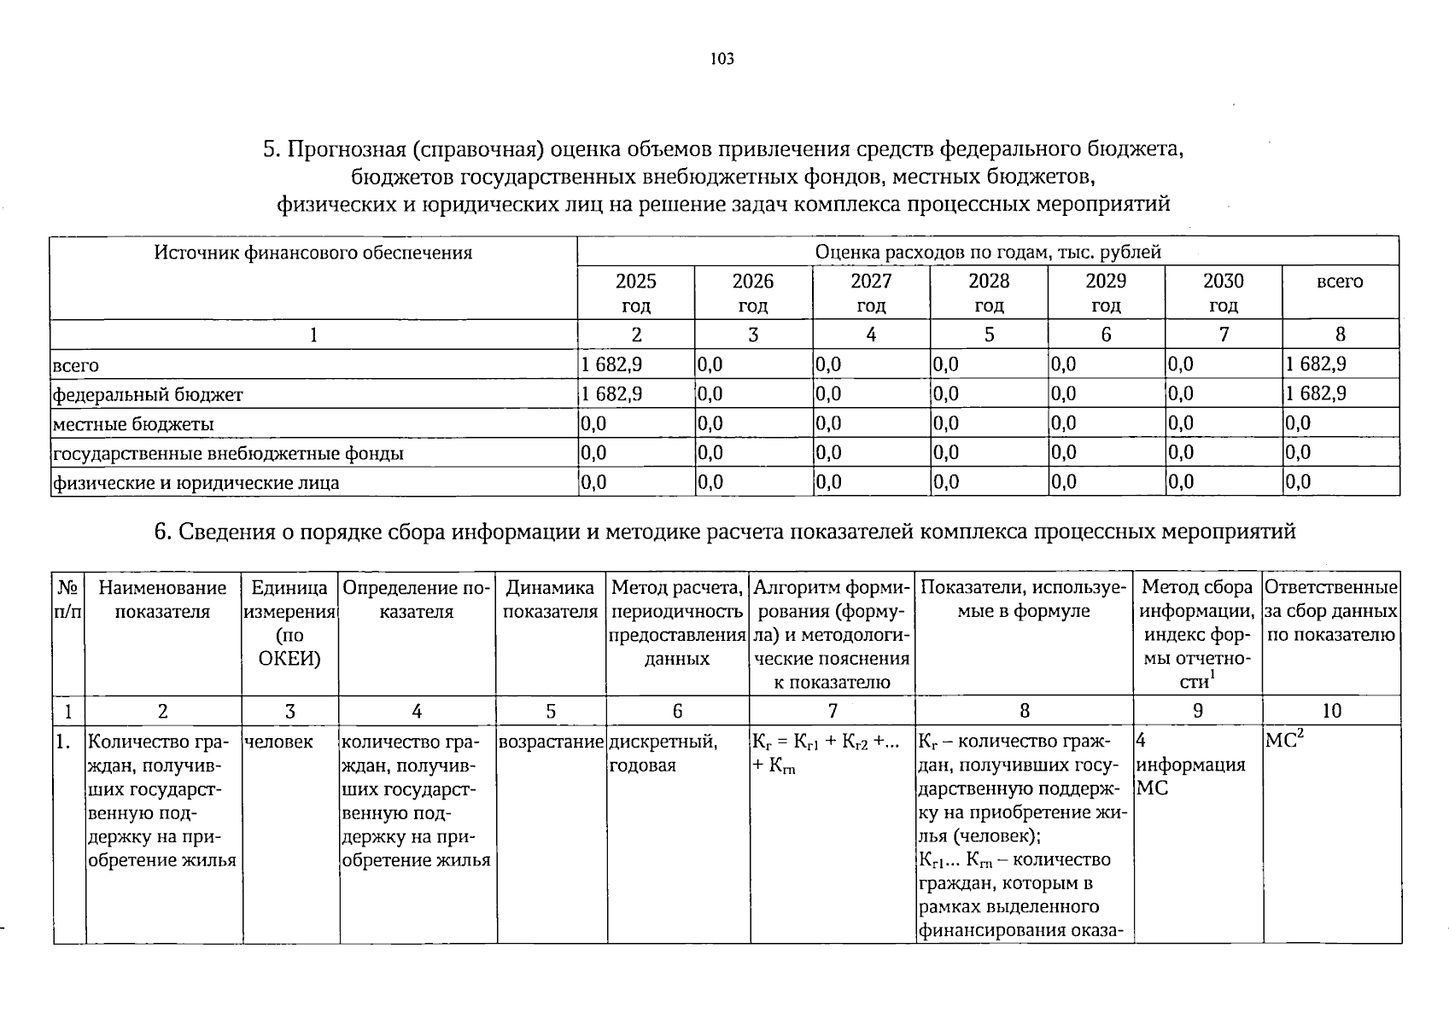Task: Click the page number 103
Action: [x=722, y=59]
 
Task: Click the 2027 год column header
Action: [x=870, y=293]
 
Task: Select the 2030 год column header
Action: [x=1223, y=293]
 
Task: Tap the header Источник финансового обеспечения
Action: [x=313, y=253]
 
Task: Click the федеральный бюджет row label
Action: [x=148, y=394]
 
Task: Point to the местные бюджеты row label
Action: [x=133, y=424]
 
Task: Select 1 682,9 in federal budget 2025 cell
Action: [x=611, y=393]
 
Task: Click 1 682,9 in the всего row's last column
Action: [x=1316, y=364]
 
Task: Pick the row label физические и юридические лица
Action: [x=196, y=483]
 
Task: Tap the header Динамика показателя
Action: [x=550, y=599]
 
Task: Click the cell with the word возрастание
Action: [x=552, y=742]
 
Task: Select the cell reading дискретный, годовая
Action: [x=663, y=753]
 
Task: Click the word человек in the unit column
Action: [x=278, y=742]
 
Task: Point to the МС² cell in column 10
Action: [x=1283, y=741]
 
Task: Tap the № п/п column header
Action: [x=68, y=599]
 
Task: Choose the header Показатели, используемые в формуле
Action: [x=1024, y=599]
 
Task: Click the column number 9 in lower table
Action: [x=1197, y=711]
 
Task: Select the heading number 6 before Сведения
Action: [x=160, y=532]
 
